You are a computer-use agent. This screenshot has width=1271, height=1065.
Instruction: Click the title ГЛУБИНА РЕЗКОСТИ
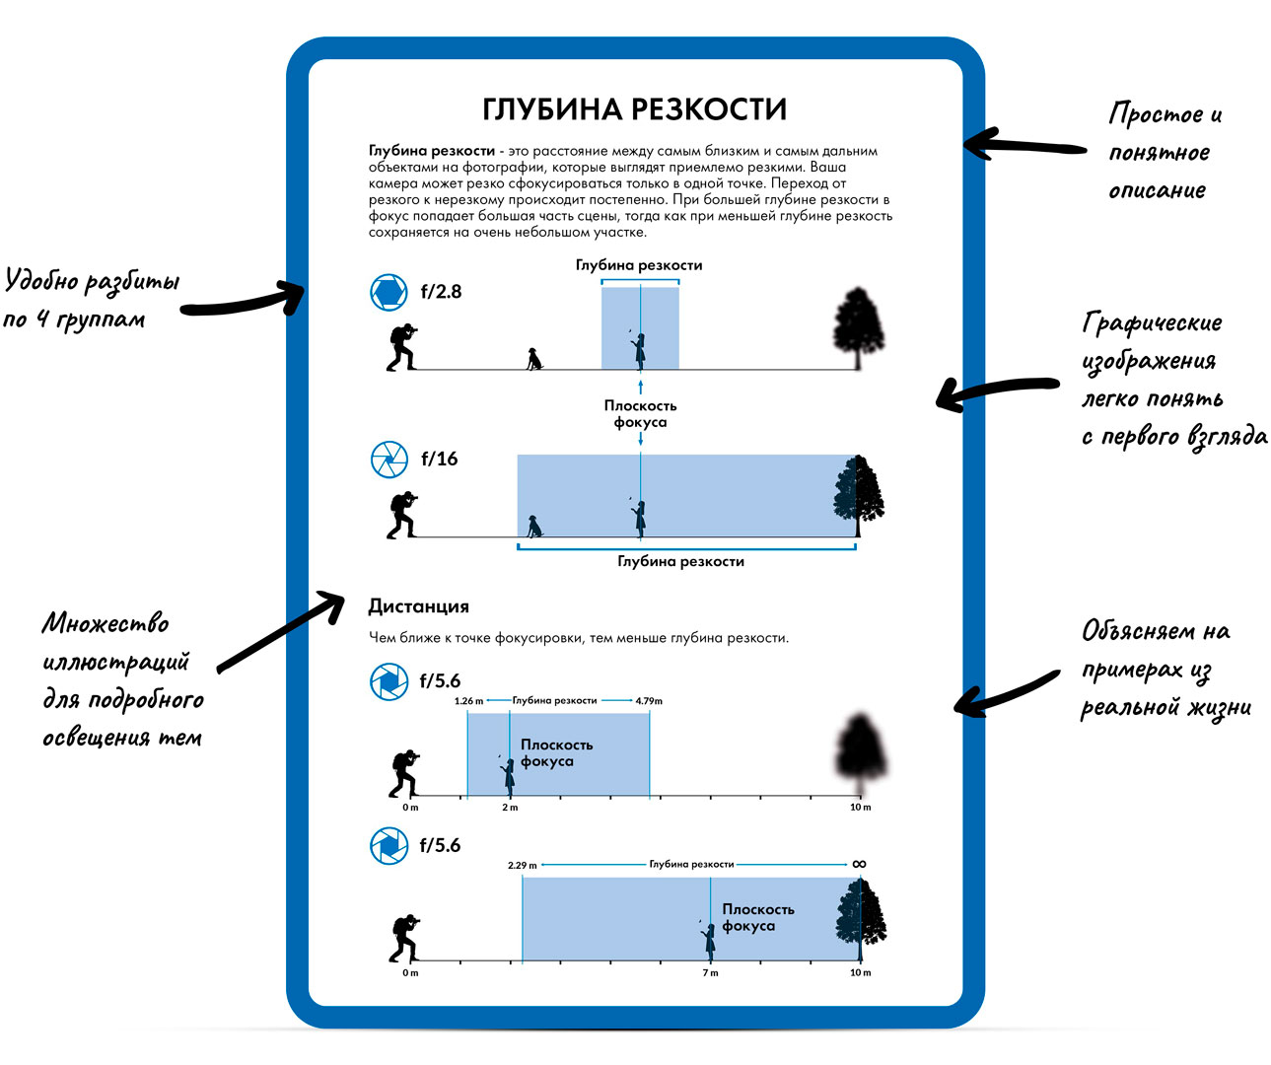(634, 109)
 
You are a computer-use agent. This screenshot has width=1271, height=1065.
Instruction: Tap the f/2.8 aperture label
(441, 292)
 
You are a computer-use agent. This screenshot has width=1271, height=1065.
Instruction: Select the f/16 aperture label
(440, 460)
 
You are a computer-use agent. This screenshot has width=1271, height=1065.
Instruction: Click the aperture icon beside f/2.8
(388, 292)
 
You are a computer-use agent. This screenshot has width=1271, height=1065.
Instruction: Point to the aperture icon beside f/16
(388, 460)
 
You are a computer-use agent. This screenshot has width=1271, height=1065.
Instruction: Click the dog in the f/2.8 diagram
(533, 358)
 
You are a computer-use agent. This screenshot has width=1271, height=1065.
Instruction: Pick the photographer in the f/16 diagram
(401, 515)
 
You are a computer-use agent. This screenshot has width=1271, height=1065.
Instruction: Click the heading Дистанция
(418, 606)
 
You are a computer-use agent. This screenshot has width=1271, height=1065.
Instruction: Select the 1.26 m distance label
(468, 701)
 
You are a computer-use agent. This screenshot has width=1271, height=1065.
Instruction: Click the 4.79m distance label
(649, 701)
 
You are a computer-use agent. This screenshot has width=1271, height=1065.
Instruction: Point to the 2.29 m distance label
(523, 866)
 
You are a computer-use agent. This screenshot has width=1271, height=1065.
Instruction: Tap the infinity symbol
(859, 864)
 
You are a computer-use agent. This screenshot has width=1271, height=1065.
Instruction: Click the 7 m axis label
(710, 973)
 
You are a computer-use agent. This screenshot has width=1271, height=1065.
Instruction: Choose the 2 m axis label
(510, 808)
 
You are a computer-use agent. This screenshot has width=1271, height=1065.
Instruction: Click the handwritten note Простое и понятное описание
(1162, 152)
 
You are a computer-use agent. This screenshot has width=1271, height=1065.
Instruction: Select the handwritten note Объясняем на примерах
(1164, 670)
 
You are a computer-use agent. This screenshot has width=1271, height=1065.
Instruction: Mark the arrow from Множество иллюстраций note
(281, 631)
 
